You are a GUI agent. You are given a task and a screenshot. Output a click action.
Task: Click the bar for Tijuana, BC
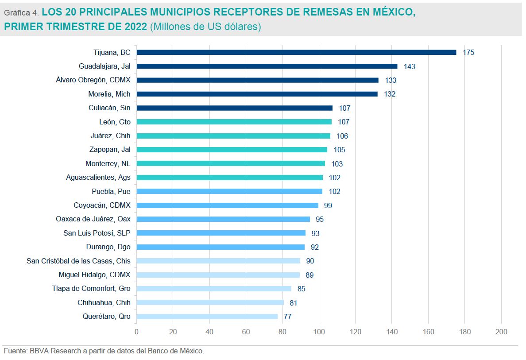pos(296,52)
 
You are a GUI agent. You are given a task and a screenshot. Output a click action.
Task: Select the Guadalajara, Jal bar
pos(267,66)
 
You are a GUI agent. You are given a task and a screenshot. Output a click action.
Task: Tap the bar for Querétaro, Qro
pos(207,317)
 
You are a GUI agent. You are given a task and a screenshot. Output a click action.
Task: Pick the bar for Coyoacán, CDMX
pos(227,205)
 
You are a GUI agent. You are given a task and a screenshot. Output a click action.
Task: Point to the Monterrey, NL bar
pos(230,163)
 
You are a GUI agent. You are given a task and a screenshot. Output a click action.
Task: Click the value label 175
pos(468,53)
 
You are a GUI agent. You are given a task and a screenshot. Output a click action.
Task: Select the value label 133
pos(391,81)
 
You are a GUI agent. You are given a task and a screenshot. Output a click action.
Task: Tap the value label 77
pos(287,317)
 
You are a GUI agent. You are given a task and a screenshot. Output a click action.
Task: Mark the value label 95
pos(319,220)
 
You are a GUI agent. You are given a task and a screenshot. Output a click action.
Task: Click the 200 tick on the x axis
pos(501,332)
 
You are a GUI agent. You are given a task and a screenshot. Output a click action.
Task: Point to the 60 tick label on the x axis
pos(246,332)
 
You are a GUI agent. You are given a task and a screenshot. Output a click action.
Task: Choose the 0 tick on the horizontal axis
pos(136,332)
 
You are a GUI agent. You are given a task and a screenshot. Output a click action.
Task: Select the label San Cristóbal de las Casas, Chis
pos(79,261)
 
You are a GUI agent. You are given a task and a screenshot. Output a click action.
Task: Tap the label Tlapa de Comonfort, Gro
pos(91,289)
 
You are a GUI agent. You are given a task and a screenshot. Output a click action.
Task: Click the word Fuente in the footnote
pos(15,351)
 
